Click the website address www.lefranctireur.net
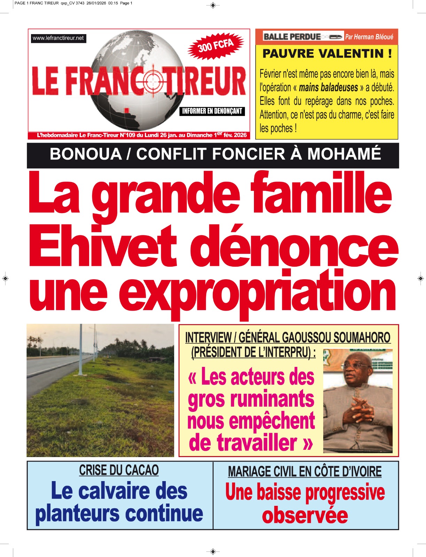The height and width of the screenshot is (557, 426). (58, 38)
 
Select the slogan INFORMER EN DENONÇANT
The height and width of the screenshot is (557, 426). (212, 111)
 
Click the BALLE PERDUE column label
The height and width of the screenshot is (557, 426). (292, 37)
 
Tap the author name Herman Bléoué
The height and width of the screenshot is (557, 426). (374, 37)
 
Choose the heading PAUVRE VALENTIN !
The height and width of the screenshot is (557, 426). (327, 54)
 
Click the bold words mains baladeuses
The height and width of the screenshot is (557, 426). (328, 87)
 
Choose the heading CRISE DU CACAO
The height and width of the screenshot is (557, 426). (119, 470)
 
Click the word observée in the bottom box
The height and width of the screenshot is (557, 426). (305, 516)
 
